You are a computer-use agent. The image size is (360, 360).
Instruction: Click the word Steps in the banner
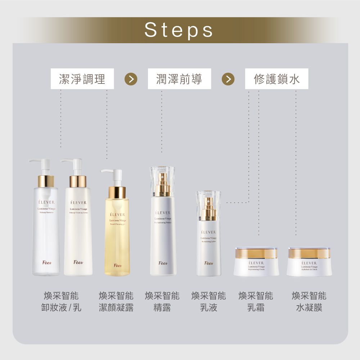(x=179, y=30)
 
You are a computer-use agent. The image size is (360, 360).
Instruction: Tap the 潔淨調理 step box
(x=82, y=79)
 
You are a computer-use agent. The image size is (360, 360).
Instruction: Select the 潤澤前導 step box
(x=179, y=79)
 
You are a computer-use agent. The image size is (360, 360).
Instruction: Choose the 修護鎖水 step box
(x=276, y=79)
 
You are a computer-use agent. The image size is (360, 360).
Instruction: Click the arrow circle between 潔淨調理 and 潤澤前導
(x=131, y=79)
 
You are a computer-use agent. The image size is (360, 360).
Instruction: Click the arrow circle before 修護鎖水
(x=228, y=79)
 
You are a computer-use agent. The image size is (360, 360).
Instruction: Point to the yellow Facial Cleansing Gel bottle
(x=117, y=230)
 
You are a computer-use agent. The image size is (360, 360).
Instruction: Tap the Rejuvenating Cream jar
(x=256, y=262)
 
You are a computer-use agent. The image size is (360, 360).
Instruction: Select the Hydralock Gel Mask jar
(x=309, y=262)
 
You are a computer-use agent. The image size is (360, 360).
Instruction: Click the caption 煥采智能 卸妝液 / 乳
(x=61, y=302)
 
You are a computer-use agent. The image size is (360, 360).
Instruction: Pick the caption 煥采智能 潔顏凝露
(x=116, y=302)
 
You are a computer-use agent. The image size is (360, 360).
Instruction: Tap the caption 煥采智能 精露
(x=162, y=302)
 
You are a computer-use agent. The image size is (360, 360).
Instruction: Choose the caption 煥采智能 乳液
(x=209, y=302)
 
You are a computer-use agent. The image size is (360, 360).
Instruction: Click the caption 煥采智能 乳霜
(x=256, y=302)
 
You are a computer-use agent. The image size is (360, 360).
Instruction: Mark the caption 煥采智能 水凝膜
(x=309, y=302)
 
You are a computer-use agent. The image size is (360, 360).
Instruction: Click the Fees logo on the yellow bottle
(x=117, y=265)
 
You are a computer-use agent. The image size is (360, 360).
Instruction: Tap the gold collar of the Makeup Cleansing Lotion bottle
(x=78, y=181)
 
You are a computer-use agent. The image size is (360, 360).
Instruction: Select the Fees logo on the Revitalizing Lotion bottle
(x=208, y=263)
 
